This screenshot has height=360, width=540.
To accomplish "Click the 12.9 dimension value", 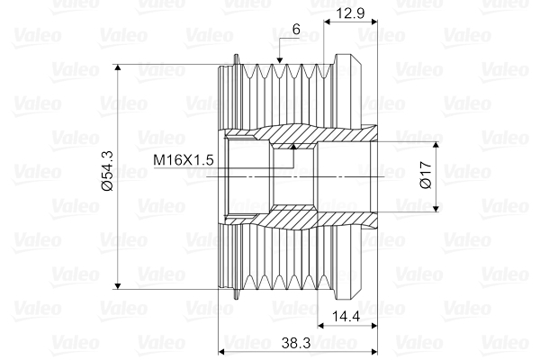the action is click(x=350, y=13).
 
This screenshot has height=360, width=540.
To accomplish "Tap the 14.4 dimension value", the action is click(x=346, y=316).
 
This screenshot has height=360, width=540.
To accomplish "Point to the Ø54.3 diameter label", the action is click(x=107, y=171).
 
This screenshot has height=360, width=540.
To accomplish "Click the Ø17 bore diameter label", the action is click(x=426, y=175).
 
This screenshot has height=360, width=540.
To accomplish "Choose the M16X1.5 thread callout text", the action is click(x=184, y=160).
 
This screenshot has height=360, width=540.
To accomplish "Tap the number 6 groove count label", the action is click(x=296, y=30).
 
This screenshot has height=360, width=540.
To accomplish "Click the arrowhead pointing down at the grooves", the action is click(x=279, y=60).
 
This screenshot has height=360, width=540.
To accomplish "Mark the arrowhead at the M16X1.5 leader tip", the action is click(x=293, y=147).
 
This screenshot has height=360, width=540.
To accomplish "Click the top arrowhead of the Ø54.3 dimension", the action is click(x=118, y=67).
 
